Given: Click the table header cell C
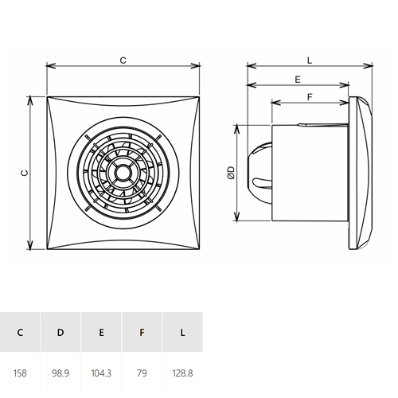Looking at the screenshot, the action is click(20, 332).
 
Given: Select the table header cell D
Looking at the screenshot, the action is click(60, 332).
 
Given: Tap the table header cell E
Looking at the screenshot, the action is click(101, 332).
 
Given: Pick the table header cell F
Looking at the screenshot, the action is click(142, 332).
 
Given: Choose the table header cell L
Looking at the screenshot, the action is click(182, 332).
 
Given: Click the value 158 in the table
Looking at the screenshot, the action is click(20, 373).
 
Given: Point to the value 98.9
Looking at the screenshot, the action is click(60, 373).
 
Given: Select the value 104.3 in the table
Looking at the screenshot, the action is click(101, 373).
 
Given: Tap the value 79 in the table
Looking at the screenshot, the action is click(142, 373).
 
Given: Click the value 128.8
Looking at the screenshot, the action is click(182, 373).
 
